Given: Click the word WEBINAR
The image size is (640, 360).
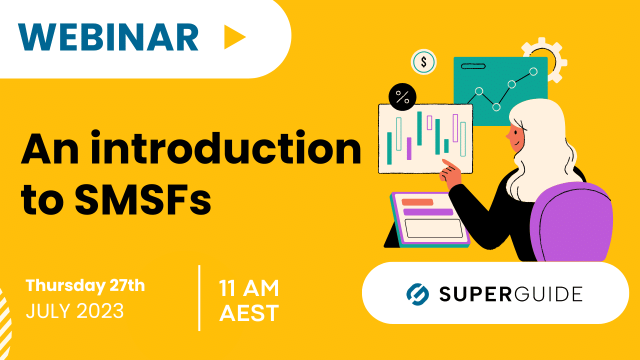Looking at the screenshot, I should click(x=108, y=37).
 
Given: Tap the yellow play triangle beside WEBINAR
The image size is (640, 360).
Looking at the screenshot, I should click(x=233, y=37).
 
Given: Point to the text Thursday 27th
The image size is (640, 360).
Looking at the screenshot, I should click(x=85, y=285).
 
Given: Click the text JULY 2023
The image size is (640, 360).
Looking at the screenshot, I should click(x=74, y=311).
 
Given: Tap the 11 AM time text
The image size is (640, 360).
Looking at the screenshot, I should click(x=248, y=288).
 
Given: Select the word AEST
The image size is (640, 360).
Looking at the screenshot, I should click(x=248, y=313).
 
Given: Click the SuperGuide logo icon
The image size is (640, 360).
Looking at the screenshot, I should click(x=417, y=294).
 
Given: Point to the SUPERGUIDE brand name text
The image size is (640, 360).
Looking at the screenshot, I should click(x=510, y=294).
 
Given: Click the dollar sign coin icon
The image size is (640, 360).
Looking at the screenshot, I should click(x=423, y=62).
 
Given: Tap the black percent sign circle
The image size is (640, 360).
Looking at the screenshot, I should click(x=402, y=96).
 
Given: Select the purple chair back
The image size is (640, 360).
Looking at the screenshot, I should click(x=575, y=220).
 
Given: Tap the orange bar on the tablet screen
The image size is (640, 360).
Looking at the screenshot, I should click(x=417, y=202).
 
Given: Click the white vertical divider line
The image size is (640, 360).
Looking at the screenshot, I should click(x=199, y=297).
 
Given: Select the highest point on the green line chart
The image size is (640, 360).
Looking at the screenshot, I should click(x=533, y=71).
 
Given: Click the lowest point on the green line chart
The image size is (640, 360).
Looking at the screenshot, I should click(x=496, y=106).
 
